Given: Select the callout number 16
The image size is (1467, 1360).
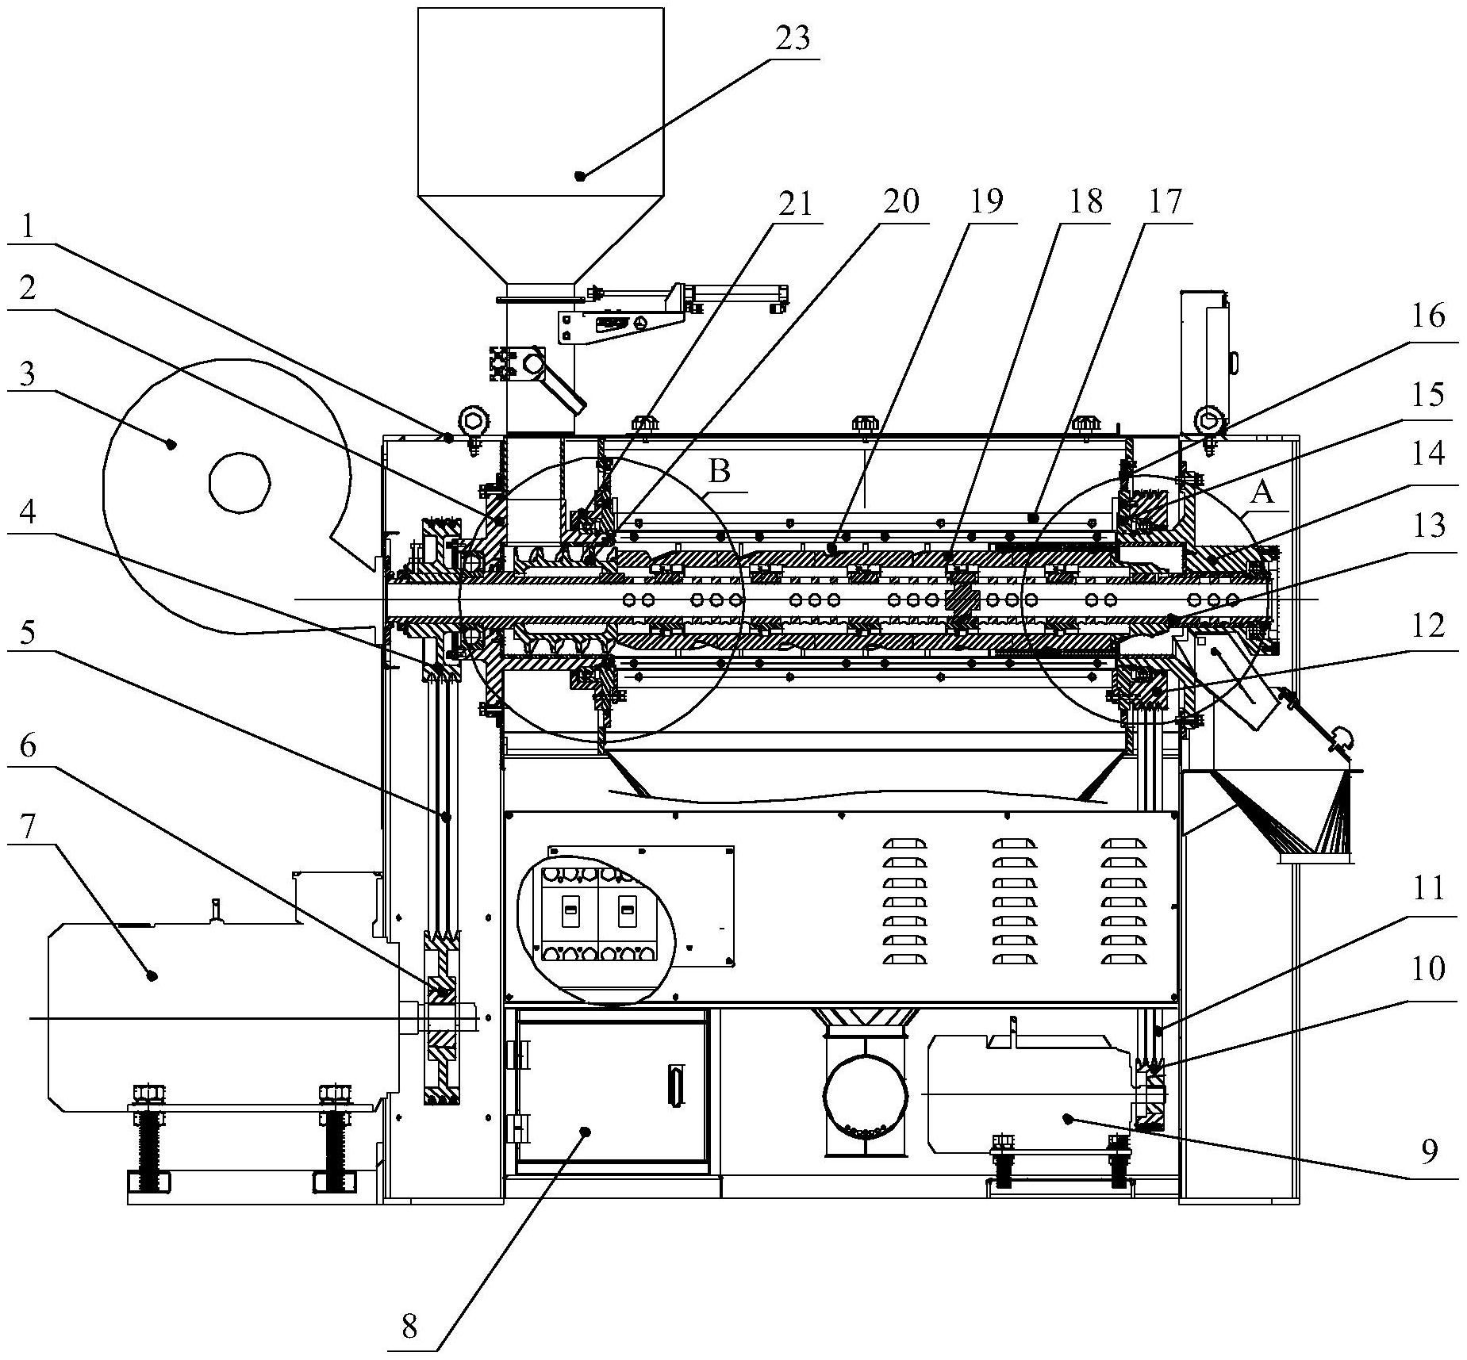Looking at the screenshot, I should [x=1428, y=317].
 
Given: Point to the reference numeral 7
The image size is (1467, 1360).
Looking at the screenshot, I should [x=29, y=827].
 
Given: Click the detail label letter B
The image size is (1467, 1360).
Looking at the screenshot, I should [x=719, y=473].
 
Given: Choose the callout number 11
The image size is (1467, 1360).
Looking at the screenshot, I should [x=1428, y=890].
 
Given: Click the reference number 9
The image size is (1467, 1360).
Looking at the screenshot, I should [x=1428, y=1151].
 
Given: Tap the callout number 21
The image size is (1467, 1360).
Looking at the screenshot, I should [x=796, y=203].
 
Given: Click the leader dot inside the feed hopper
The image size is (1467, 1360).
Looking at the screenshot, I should [x=580, y=175].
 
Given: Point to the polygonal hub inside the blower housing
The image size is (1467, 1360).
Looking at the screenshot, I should [x=240, y=481].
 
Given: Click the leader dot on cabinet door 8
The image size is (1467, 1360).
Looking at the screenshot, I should [x=586, y=1131].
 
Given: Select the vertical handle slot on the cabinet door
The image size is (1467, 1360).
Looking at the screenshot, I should [x=676, y=1085].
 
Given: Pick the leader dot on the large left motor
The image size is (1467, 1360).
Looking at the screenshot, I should [x=152, y=976].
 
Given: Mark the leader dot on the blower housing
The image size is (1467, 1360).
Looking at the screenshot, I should [x=171, y=444].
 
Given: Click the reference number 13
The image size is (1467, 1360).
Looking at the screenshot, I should [x=1428, y=525].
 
